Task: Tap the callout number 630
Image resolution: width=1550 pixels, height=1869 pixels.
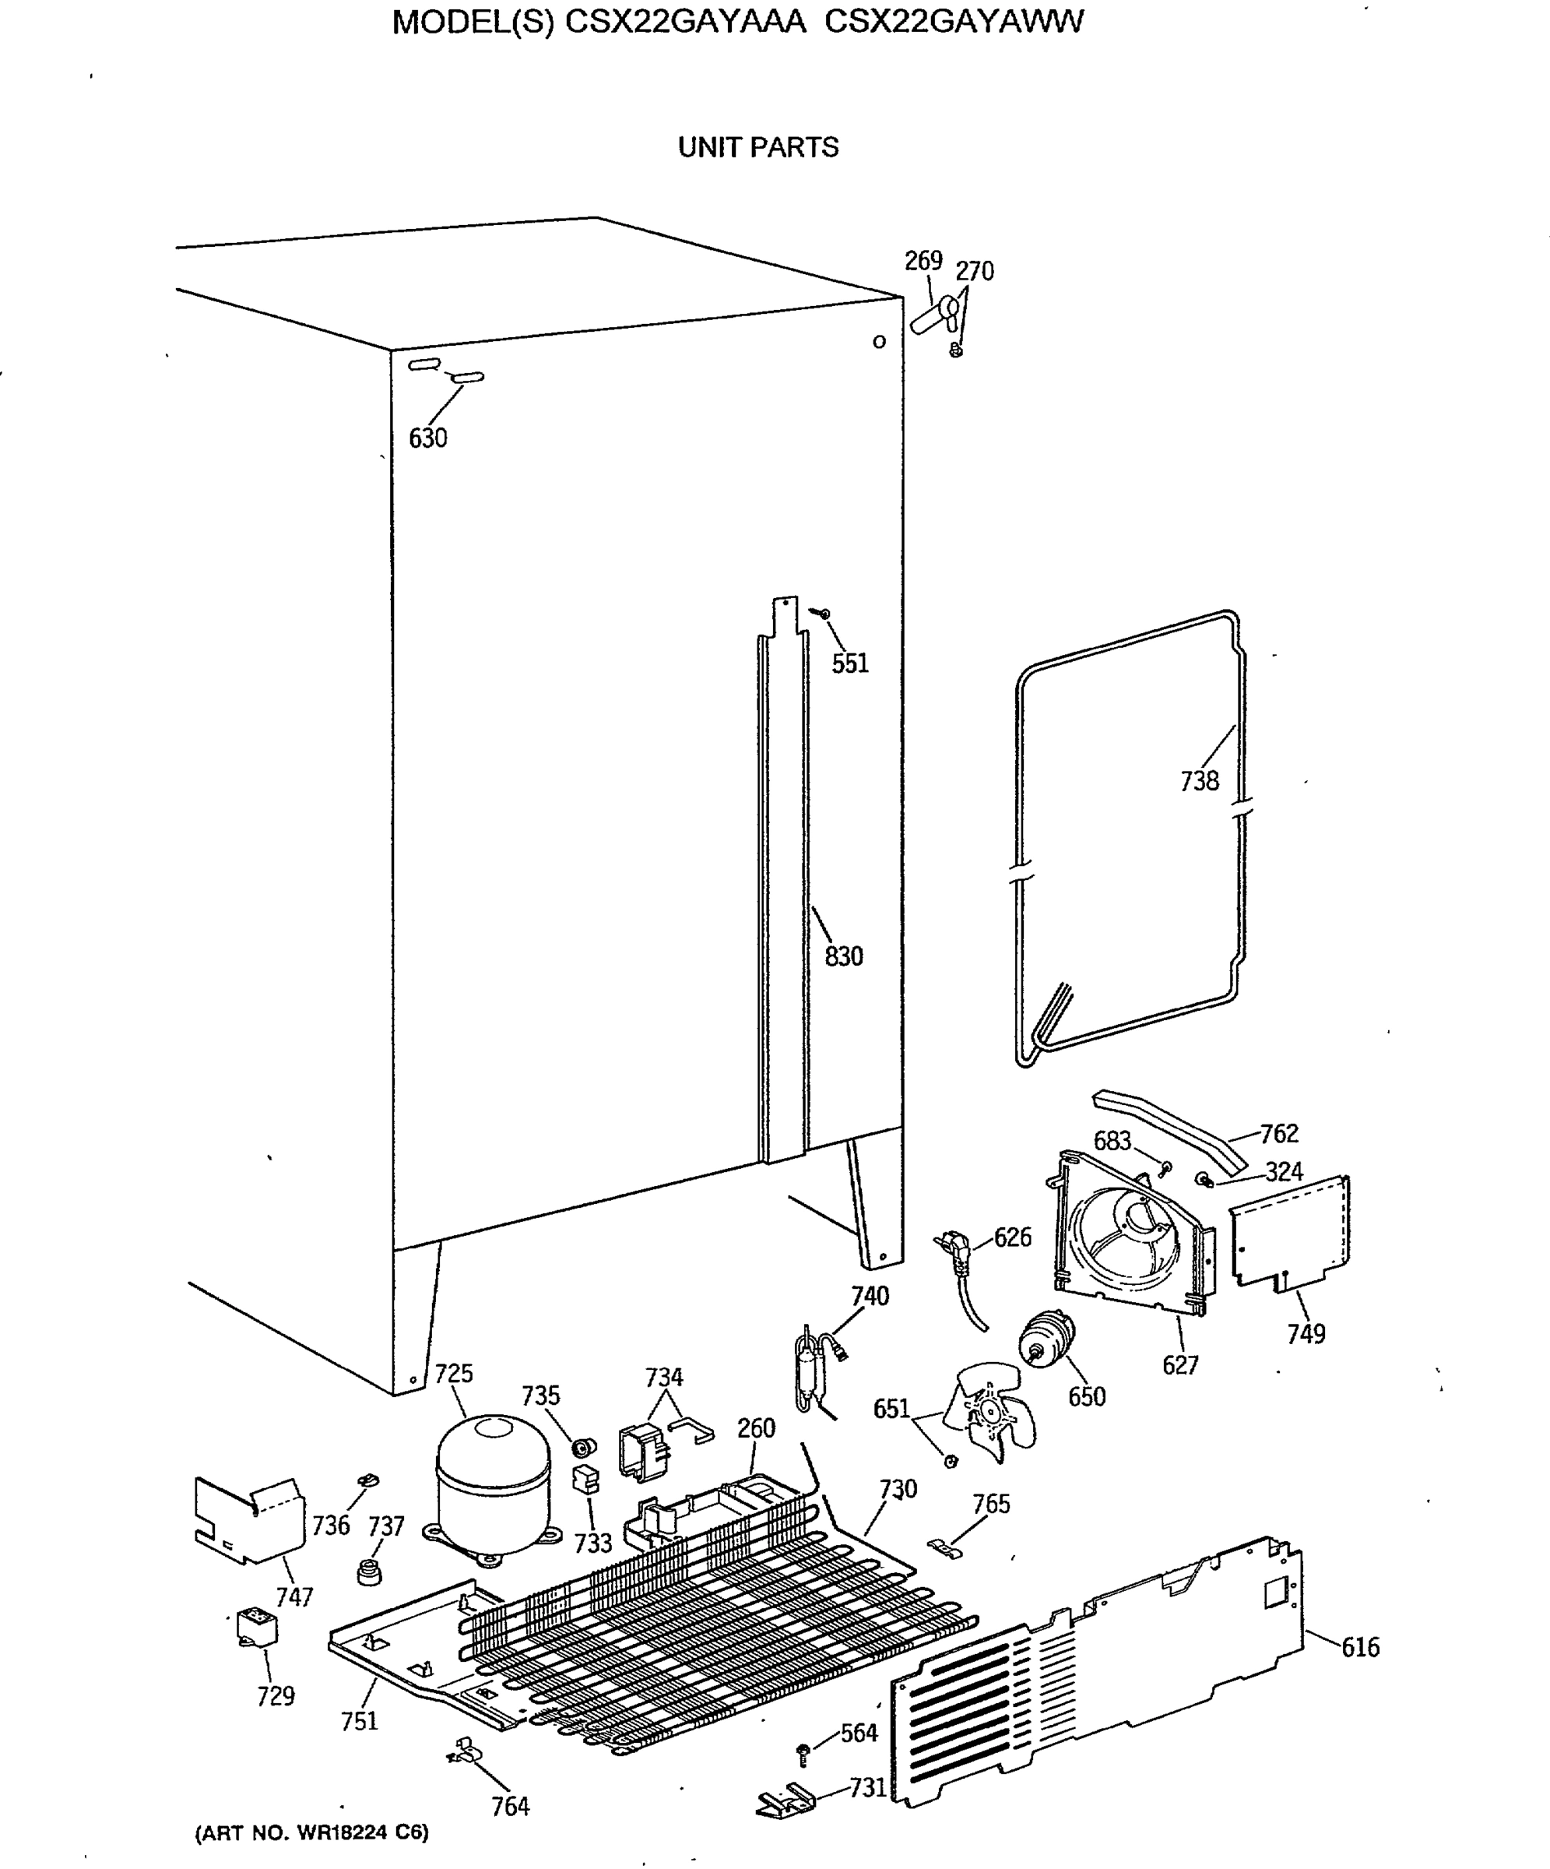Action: coord(427,438)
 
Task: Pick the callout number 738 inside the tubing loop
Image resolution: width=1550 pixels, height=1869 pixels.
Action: coord(1199,780)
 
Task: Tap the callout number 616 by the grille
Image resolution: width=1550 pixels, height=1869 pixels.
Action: coord(1359,1646)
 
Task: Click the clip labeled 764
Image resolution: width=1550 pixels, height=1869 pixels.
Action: coord(466,1751)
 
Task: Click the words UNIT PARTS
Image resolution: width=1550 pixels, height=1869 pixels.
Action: coord(758,147)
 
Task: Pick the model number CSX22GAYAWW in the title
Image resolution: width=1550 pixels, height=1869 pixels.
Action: coord(954,21)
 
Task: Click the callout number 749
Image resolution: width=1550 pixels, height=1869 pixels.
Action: coord(1306,1333)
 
